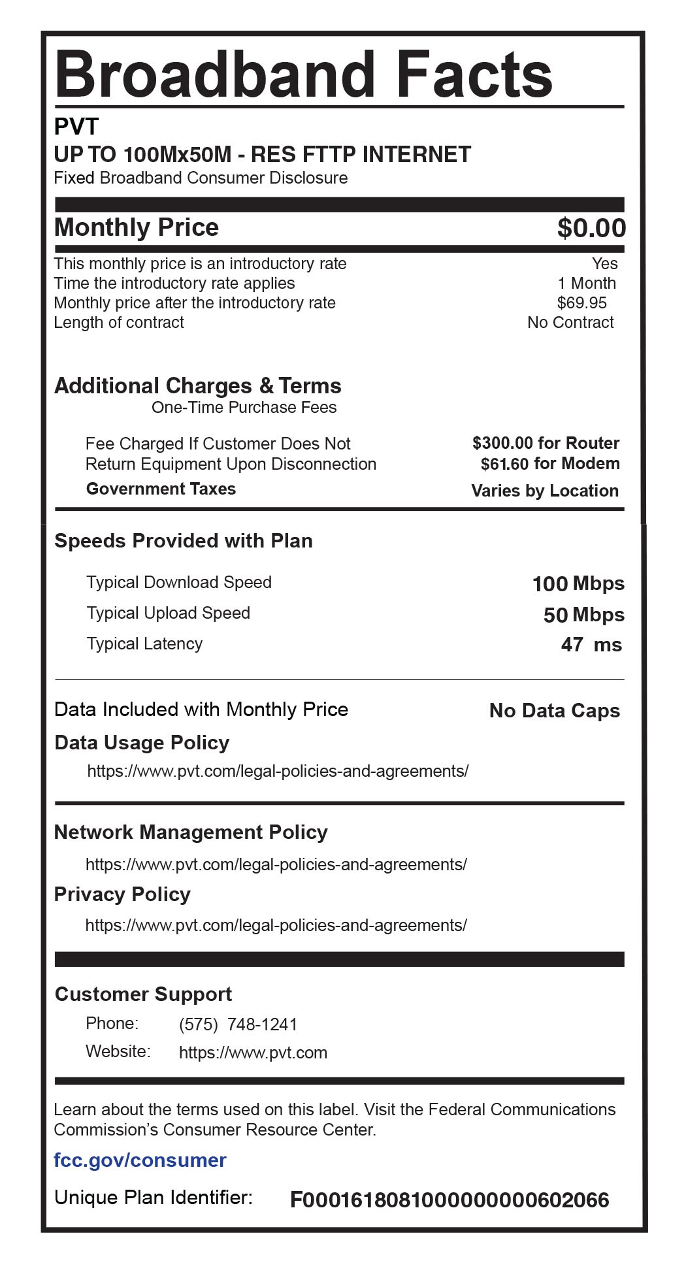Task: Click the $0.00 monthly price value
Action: tap(591, 228)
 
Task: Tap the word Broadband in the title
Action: tap(215, 73)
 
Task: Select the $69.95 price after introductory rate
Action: tap(581, 303)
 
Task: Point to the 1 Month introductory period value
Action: tap(587, 284)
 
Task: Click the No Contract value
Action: tap(570, 323)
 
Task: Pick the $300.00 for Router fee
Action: tap(546, 443)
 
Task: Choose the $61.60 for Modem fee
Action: tap(550, 464)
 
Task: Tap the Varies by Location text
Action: tap(545, 491)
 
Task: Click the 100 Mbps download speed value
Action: tap(578, 583)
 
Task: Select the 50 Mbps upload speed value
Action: tap(583, 615)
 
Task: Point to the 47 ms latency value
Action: tap(591, 645)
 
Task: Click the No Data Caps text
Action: tap(554, 711)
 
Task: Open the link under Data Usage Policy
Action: tap(278, 772)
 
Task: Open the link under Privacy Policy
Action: tap(276, 926)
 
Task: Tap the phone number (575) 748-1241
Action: tap(238, 1024)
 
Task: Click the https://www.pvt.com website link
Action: tap(253, 1053)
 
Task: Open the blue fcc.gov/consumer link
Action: tap(140, 1160)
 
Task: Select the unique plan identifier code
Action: tap(449, 1200)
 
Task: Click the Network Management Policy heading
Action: tap(191, 832)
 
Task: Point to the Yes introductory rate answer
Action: tap(604, 264)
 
